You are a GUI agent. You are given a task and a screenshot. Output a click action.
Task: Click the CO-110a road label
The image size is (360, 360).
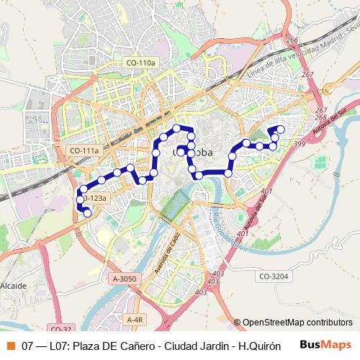point(140,63)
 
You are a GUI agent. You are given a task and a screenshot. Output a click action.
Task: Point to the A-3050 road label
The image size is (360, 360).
point(124,278)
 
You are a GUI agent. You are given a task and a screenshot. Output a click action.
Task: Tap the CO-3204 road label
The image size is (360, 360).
point(274,275)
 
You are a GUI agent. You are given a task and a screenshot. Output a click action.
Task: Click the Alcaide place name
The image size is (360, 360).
point(14,286)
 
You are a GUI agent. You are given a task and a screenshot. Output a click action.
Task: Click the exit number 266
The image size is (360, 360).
point(292,40)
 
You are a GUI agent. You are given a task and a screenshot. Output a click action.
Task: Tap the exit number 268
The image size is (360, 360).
point(321,117)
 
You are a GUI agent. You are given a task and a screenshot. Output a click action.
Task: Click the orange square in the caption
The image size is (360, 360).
point(10,346)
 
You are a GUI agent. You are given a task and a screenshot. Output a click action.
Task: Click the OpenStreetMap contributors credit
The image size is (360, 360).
point(293,323)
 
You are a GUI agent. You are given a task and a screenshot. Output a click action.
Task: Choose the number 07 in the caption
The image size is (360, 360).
point(28,346)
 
